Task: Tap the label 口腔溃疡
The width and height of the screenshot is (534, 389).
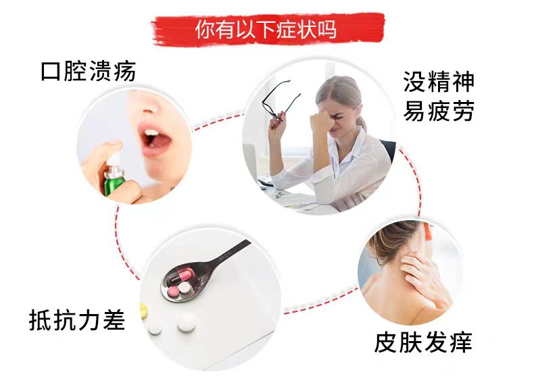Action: tap(89, 71)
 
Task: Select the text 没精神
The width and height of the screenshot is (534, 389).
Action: tap(439, 81)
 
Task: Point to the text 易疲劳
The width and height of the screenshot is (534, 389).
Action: tap(439, 111)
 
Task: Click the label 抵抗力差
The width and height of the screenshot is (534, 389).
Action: tap(77, 319)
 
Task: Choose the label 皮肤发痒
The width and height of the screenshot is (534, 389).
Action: tap(423, 342)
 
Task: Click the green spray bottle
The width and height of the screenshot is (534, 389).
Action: tap(115, 180)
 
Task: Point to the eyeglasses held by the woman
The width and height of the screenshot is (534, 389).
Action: tap(280, 101)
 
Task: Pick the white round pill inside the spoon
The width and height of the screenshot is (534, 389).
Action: tap(185, 288)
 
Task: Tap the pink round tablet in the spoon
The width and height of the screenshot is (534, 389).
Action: tap(173, 290)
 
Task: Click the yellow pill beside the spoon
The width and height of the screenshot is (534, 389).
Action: tap(143, 311)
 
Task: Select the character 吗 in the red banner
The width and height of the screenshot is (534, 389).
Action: tap(327, 29)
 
